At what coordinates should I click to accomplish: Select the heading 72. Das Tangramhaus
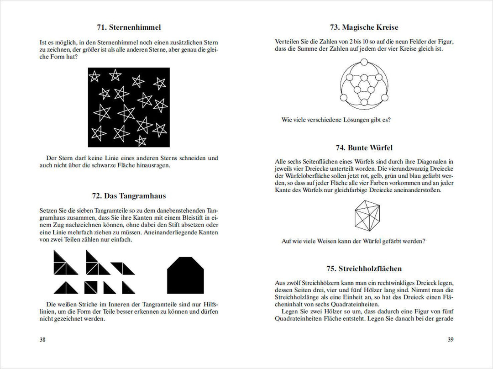tap(128, 196)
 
